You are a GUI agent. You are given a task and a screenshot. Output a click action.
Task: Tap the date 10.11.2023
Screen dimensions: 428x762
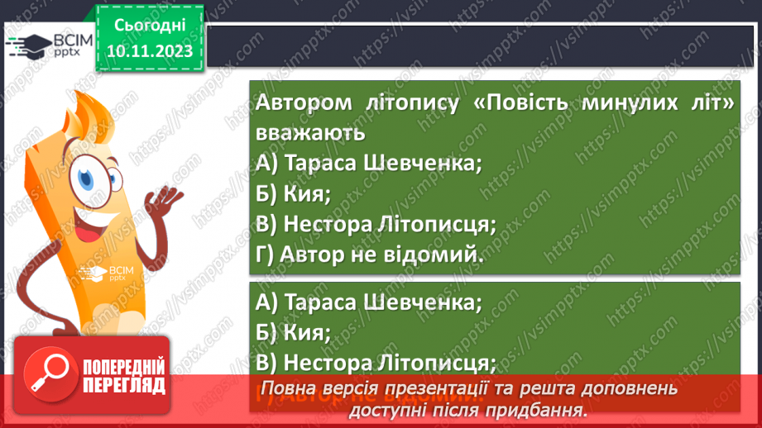150,51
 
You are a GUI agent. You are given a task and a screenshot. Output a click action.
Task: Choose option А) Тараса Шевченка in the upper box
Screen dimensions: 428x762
369,163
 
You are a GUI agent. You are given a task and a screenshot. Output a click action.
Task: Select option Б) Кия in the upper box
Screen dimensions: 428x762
294,193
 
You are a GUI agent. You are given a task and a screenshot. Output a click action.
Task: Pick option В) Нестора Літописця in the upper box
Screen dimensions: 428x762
376,223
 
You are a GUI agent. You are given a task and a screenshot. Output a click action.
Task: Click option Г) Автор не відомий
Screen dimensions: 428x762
369,254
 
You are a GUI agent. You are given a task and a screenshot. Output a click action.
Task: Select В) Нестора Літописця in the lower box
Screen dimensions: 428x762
376,363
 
